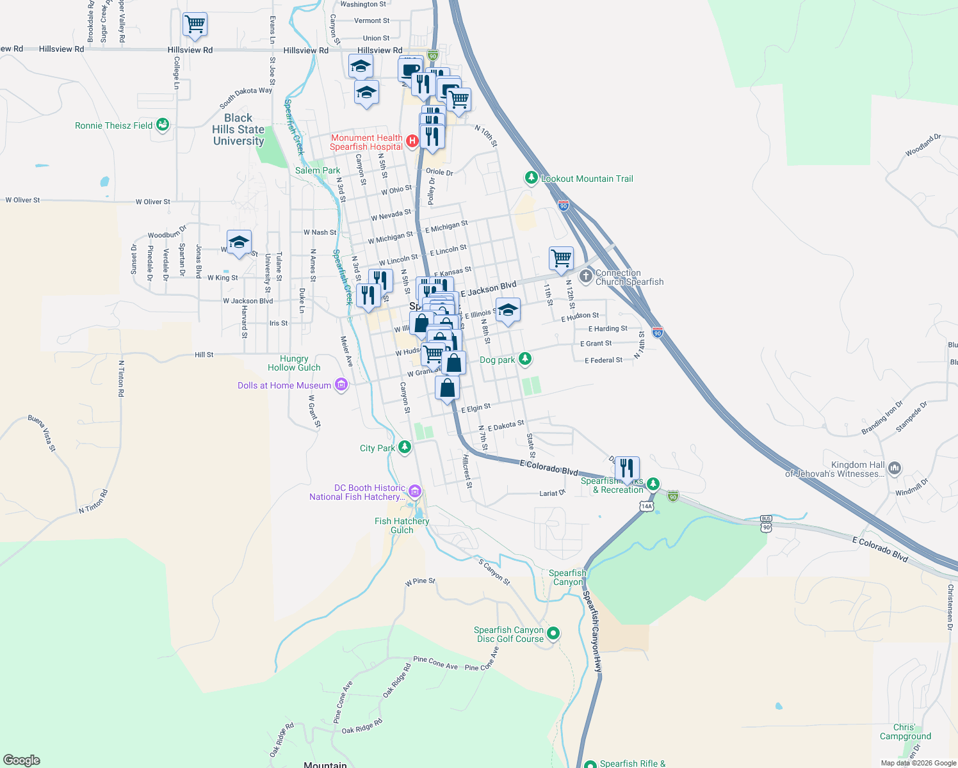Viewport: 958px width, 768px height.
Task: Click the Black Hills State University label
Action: pos(238,129)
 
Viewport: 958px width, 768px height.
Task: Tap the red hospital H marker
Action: pos(413,140)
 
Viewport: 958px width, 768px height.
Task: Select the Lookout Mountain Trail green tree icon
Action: pos(531,177)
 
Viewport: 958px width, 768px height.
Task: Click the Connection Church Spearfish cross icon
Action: pos(585,276)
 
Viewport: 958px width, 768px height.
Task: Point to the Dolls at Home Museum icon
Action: pos(341,385)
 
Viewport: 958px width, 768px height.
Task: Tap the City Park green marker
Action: pos(404,447)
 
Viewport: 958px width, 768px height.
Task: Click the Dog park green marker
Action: pos(525,358)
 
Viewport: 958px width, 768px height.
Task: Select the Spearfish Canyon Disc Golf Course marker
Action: pos(553,633)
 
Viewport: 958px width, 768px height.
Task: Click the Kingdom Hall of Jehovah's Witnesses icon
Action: pos(895,468)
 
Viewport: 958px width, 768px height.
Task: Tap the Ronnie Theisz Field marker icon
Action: pos(163,124)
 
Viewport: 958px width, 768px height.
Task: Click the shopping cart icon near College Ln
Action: pos(195,24)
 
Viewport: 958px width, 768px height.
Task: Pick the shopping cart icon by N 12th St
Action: pos(561,259)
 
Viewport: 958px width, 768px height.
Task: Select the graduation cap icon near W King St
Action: pos(239,242)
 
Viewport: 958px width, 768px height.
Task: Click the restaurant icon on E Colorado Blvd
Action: pos(627,468)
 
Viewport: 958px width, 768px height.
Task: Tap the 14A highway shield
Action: pos(646,506)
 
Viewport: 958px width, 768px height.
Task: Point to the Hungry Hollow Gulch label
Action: pos(294,363)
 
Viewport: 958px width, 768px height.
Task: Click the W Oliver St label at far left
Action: pos(22,200)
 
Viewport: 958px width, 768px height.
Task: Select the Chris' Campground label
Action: pos(905,732)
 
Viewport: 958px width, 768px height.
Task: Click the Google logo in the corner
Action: pos(21,760)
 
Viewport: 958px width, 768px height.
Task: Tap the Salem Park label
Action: pos(318,170)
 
